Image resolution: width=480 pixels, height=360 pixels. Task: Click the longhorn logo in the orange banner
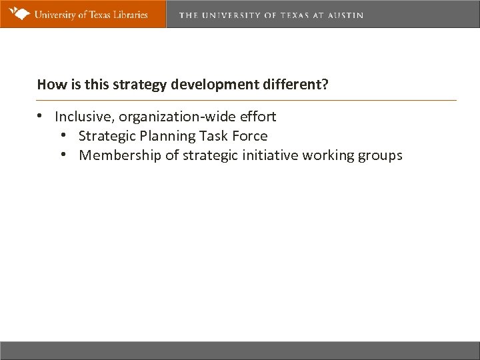click(18, 13)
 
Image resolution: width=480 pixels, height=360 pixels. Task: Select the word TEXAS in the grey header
click(291, 15)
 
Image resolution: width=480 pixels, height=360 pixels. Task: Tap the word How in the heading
click(49, 85)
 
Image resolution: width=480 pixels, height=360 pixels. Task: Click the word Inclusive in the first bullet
click(83, 117)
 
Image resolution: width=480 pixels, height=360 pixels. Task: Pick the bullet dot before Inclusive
click(41, 117)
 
